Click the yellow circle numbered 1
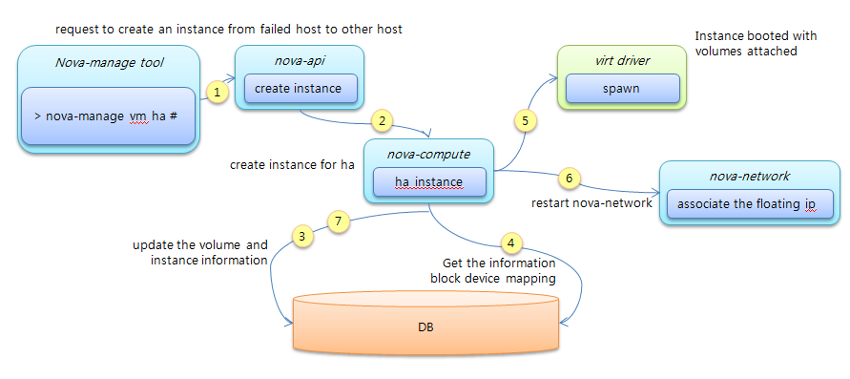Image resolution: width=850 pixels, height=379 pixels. coord(218,93)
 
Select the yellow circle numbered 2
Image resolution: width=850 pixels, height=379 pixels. coord(382,121)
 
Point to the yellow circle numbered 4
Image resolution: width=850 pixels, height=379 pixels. coord(511,242)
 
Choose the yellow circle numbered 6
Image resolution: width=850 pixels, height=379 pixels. coord(569,178)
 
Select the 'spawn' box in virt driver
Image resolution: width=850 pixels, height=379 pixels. coord(621,89)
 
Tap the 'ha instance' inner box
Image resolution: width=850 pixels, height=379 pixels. coord(428,181)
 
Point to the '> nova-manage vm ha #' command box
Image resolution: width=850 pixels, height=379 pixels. coord(108,116)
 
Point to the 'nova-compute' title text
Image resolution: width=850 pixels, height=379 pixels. coord(428,153)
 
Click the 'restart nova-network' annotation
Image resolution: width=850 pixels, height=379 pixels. coord(591,202)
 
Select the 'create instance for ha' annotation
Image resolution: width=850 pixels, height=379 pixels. coord(292,164)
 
